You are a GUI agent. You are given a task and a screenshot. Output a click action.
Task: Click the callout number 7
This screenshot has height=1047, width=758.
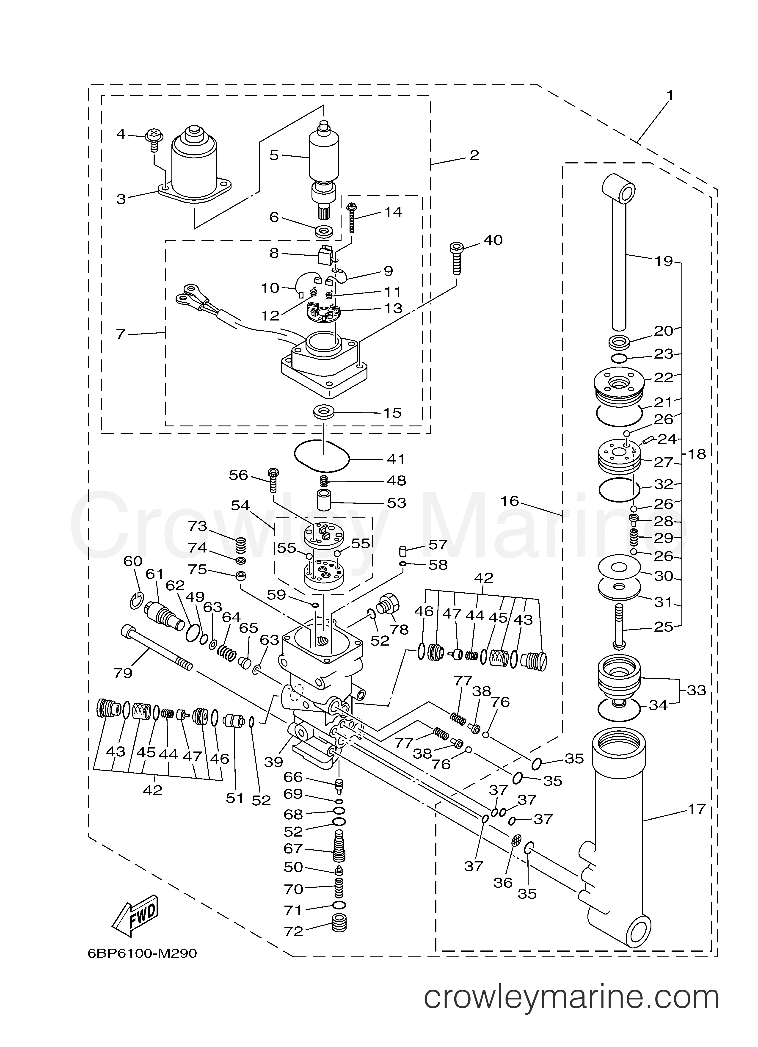[x=121, y=334]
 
